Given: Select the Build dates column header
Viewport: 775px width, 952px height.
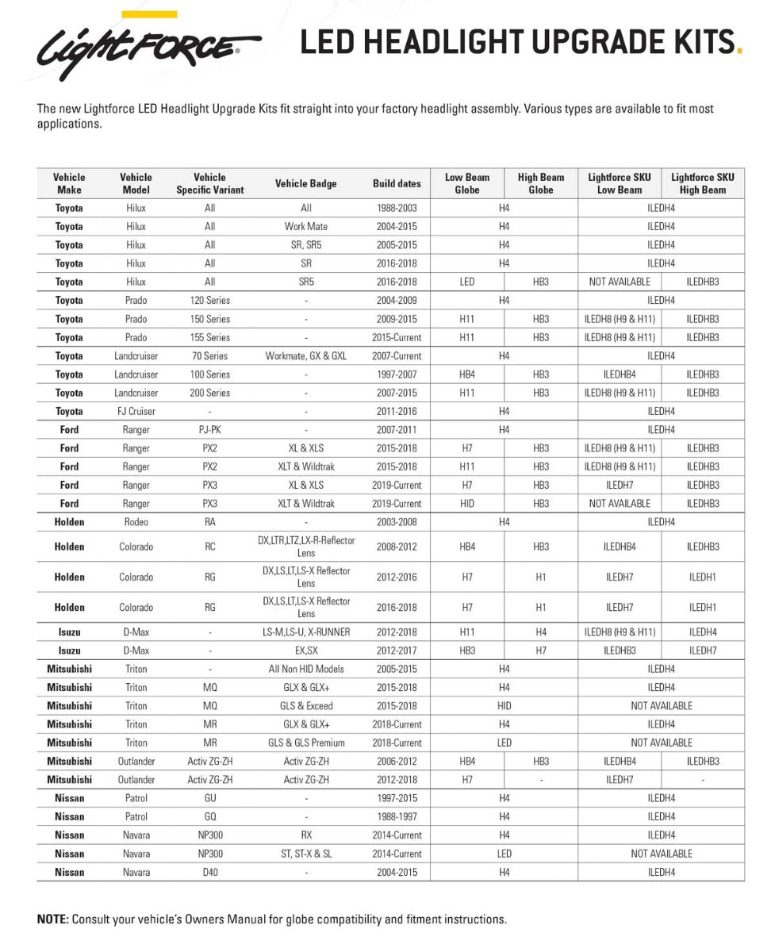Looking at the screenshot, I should [397, 184].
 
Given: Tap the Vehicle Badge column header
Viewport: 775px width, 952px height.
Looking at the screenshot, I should [306, 184].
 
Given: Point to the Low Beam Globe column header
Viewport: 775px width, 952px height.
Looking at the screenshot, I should [467, 184].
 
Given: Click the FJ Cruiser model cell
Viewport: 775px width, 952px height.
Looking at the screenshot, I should [136, 411].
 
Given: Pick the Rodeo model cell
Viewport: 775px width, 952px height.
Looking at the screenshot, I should [136, 522].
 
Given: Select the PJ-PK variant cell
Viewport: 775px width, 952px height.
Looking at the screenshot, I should [209, 429].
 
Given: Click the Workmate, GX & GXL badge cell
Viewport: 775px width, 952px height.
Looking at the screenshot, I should [306, 356].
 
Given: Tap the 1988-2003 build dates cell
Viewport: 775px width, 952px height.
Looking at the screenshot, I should [397, 208].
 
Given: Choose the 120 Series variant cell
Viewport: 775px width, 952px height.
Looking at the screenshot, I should [209, 301].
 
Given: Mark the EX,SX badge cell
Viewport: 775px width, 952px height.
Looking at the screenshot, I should [306, 651].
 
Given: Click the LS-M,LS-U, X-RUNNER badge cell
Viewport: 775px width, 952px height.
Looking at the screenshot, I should [306, 632].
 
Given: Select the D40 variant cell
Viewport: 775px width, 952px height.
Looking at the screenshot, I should [209, 872].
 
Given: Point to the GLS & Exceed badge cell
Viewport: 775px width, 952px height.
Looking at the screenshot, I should [306, 706].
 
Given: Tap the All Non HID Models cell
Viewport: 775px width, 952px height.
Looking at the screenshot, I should [306, 669].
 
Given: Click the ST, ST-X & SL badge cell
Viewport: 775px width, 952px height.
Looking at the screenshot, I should [306, 854].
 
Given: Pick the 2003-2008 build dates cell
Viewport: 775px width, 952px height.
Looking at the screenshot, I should [397, 522].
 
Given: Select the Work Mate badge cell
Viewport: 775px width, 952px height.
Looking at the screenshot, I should [306, 227].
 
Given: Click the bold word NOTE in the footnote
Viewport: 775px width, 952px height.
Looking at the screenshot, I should [52, 919].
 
